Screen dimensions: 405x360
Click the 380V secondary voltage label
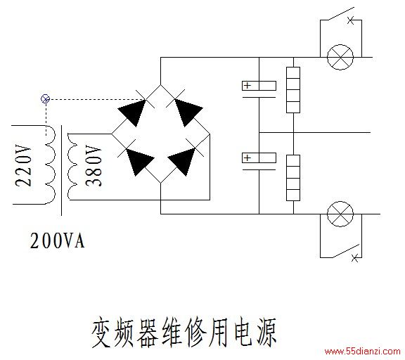pyautogui.click(x=93, y=166)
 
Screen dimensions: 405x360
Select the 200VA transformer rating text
pyautogui.click(x=57, y=240)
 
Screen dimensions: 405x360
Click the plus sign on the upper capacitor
pyautogui.click(x=247, y=85)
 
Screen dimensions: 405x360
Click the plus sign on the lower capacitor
pyautogui.click(x=247, y=157)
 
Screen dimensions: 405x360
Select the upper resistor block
pyautogui.click(x=293, y=90)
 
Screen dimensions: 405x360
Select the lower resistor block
pyautogui.click(x=293, y=178)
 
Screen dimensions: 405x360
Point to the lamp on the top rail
pyautogui.click(x=340, y=57)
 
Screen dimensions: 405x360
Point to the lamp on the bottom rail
pyautogui.click(x=340, y=214)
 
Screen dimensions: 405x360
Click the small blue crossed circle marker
pyautogui.click(x=45, y=99)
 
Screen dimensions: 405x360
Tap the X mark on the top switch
pyautogui.click(x=350, y=20)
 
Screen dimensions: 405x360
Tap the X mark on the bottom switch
pyautogui.click(x=355, y=258)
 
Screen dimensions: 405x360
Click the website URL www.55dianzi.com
pyautogui.click(x=362, y=352)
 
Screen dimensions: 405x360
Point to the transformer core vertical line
pyautogui.click(x=61, y=170)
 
